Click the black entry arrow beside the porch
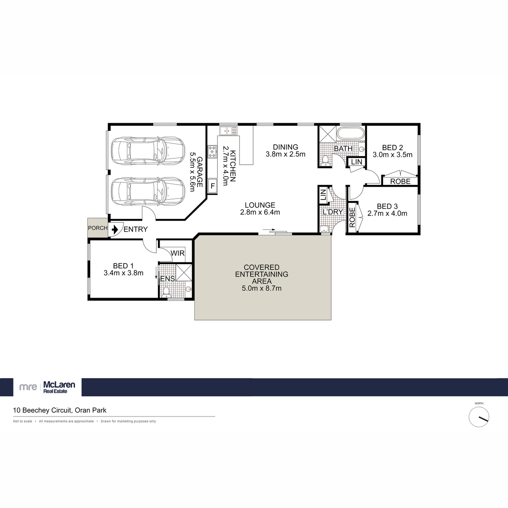pos(115,229)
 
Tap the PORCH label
pos(98,228)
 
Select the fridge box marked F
pos(213,185)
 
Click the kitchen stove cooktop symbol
pos(212,149)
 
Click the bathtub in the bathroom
pos(350,133)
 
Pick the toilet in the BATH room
pos(325,160)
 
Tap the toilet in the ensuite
pos(166,291)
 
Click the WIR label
pos(177,253)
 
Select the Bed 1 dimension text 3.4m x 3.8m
pos(123,273)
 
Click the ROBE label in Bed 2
pos(400,181)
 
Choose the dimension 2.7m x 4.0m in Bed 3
pos(387,213)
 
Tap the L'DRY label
pos(332,212)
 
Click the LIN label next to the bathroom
pos(356,162)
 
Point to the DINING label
pos(285,147)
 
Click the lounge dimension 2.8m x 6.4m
pos(260,212)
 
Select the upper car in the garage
pos(147,151)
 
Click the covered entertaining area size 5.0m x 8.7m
pos(261,288)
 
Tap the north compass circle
pos(479,417)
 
